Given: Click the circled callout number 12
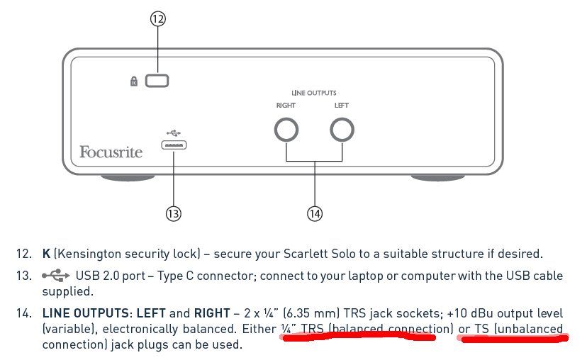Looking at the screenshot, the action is tap(158, 18).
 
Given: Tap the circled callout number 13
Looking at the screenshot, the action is tap(173, 214).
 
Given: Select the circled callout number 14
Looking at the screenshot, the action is tap(315, 214).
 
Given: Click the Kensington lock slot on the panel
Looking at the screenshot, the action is tap(157, 81).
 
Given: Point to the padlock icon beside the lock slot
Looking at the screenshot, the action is tap(134, 81).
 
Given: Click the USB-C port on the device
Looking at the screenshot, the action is tap(174, 145).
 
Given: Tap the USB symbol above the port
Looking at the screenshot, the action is tap(174, 133).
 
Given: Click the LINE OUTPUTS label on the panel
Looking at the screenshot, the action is tap(314, 93).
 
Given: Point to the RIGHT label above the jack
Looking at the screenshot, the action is tap(286, 106).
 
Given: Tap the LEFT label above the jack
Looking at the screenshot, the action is tap(342, 106).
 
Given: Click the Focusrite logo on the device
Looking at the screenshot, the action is tap(111, 152).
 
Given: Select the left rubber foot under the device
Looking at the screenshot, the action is tap(128, 177).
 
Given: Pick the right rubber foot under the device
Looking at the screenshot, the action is tap(438, 177).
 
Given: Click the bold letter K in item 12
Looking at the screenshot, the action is tap(46, 254).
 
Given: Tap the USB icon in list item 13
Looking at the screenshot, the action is tap(56, 276).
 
